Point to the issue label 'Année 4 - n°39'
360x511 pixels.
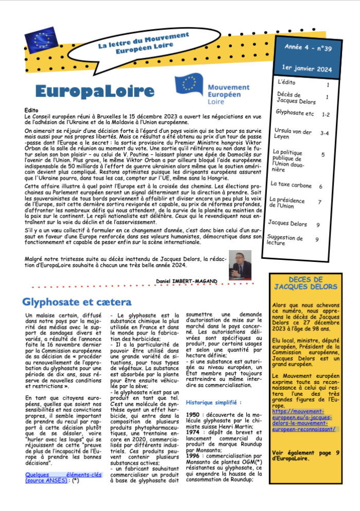pos(308,48)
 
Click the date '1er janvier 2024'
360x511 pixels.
pos(308,68)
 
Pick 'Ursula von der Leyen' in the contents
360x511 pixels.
pos(293,134)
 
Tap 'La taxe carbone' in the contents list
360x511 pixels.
pos(292,184)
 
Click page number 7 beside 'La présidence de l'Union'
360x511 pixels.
pos(319,202)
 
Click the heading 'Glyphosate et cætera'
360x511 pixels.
pos(77,302)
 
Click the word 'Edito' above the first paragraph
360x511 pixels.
pos(31,110)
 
